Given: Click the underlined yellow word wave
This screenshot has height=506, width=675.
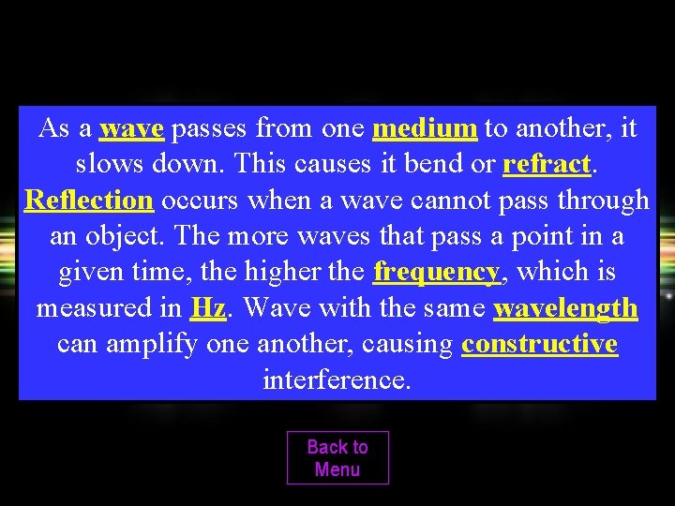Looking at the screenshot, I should point(131,128).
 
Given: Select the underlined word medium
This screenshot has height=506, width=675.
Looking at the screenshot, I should point(425,128).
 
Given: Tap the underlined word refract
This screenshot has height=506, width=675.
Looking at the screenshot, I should point(547,165).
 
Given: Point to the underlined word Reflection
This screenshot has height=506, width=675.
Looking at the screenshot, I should point(89,201).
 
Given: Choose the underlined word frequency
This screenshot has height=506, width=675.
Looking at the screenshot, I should point(436,273).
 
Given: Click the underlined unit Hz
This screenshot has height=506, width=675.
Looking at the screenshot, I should point(207,308).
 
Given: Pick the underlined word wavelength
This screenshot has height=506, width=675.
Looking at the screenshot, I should point(565,308).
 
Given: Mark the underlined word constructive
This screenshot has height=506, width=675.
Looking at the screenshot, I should point(539,344).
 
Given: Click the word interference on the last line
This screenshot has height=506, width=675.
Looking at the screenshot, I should point(337,379).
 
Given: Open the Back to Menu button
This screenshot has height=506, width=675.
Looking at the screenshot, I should point(337,458).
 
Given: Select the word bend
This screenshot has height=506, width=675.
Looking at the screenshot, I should point(433,165).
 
